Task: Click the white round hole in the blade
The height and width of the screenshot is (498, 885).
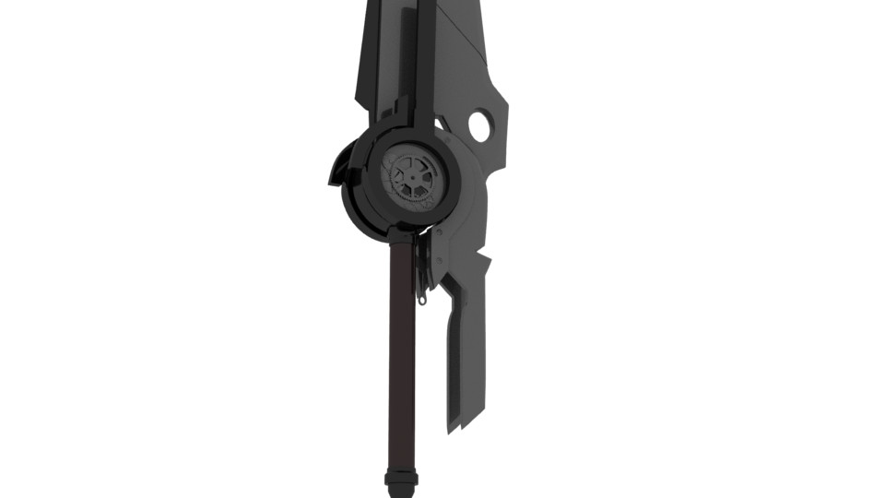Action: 479,125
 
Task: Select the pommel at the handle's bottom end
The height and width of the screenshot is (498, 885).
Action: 401,479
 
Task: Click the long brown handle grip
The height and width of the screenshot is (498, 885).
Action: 401,350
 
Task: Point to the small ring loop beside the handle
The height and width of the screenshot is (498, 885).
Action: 422,297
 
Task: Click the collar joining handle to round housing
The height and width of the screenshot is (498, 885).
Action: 401,235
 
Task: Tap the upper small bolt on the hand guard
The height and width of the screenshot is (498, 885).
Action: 441,237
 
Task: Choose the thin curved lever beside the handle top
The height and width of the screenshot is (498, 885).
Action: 420,267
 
